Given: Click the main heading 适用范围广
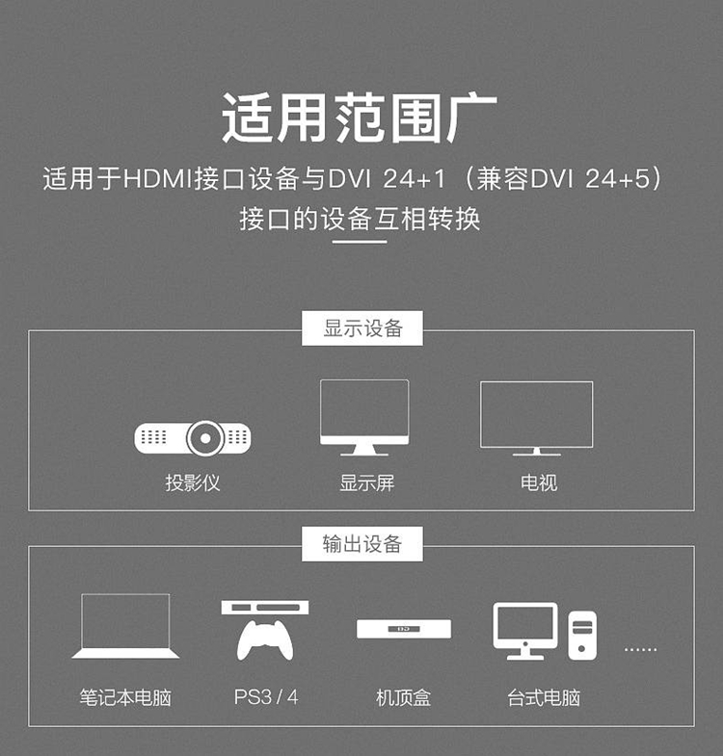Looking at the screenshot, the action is coord(360,119).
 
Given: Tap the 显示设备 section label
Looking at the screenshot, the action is coord(362,328).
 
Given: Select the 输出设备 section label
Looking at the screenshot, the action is coord(362,544).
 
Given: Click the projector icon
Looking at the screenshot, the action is coord(192,438).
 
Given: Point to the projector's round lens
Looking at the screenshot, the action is coord(204,438).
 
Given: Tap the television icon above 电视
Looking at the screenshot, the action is coord(537,417).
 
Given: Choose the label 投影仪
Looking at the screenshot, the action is coord(192,482).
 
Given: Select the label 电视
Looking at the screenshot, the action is coord(539,482).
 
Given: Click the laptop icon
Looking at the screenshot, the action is coord(125,626).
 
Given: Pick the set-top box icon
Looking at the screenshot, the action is coord(404,629).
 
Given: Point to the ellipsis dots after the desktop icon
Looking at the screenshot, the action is coord(640,649).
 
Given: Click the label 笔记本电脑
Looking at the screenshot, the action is coord(125,696).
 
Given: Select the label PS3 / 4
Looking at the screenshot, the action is coord(266,696).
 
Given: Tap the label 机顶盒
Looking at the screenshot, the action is coord(403,696).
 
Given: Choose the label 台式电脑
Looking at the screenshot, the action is coord(544,696).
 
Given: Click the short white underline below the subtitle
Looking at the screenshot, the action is coord(360,242).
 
